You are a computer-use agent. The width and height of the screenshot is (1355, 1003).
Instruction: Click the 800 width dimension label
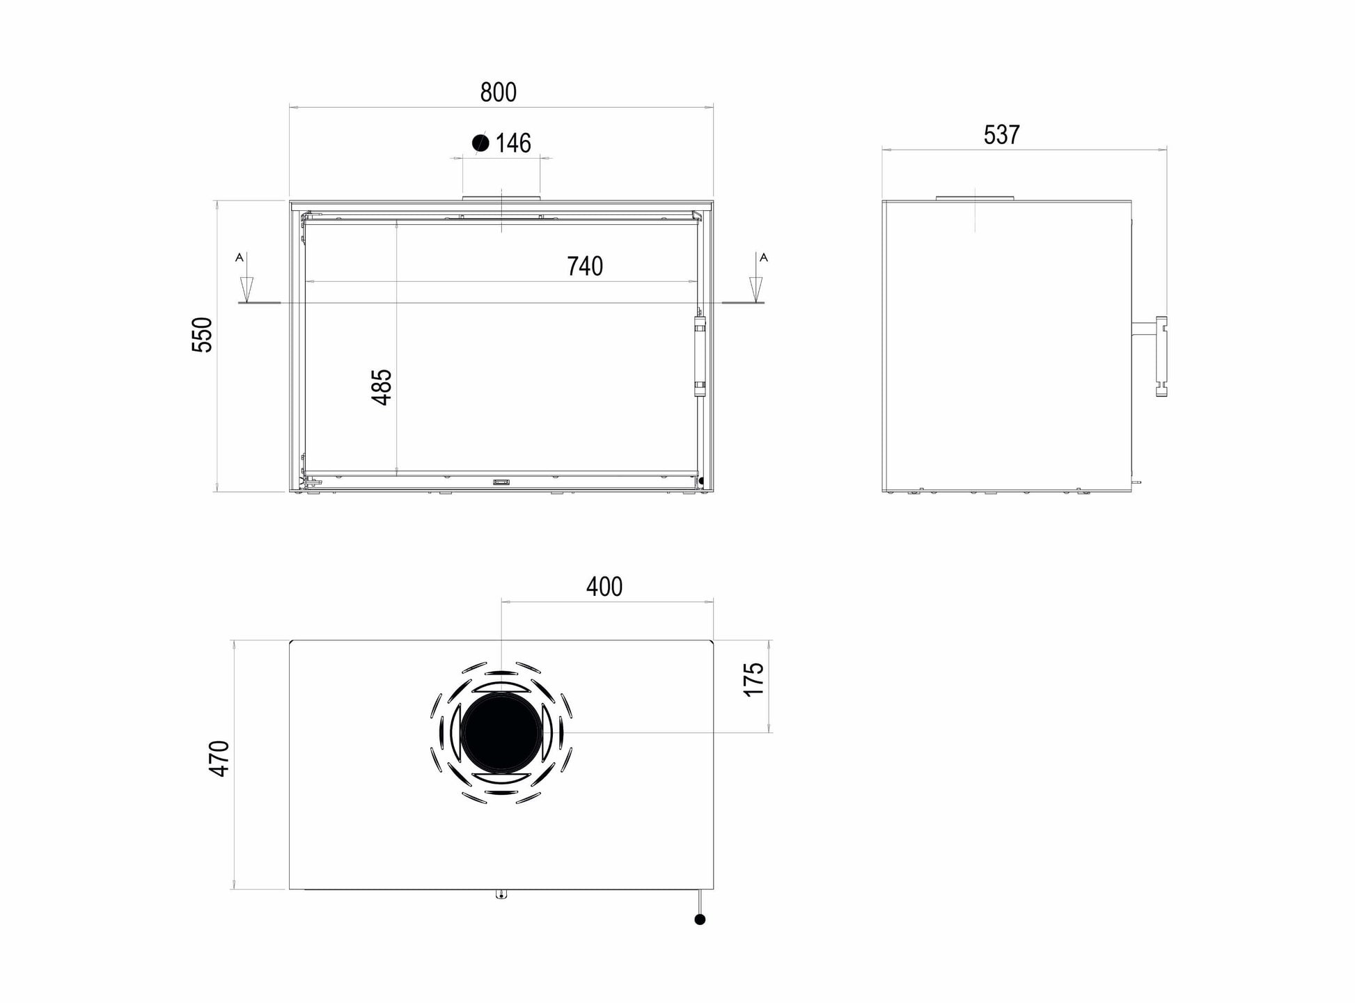click(x=499, y=93)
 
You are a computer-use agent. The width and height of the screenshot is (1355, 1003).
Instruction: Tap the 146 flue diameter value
click(x=513, y=143)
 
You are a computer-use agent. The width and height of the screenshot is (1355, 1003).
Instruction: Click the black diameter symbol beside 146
click(x=480, y=143)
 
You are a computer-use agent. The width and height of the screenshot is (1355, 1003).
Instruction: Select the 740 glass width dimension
click(x=585, y=266)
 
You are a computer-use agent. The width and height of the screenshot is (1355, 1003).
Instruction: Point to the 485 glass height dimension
click(x=382, y=387)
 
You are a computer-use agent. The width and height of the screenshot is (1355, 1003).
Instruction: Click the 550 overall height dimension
click(x=202, y=335)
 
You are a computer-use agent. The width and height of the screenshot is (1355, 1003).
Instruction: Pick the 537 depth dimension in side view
click(x=1001, y=134)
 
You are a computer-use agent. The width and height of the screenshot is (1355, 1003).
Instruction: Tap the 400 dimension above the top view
click(x=604, y=587)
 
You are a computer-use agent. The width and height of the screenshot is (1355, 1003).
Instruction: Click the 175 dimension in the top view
click(x=754, y=679)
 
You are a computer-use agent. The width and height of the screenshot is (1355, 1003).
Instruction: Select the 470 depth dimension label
click(x=219, y=759)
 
